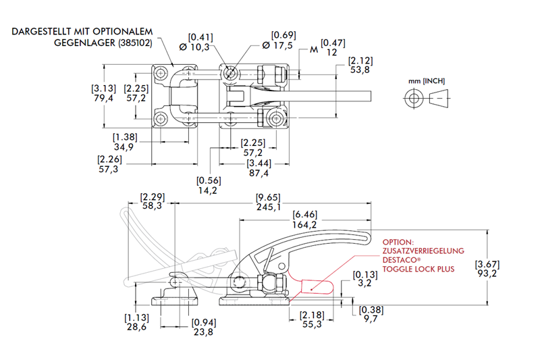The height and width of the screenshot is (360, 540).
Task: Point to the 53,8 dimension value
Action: (360, 70)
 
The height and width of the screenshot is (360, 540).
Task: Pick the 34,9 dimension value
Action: (124, 146)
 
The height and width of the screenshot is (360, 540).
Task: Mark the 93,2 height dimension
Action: (487, 274)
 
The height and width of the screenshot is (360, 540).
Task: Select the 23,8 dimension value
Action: (203, 332)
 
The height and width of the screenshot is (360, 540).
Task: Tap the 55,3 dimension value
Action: (311, 325)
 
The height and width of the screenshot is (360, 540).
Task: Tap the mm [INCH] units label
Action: (427, 82)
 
